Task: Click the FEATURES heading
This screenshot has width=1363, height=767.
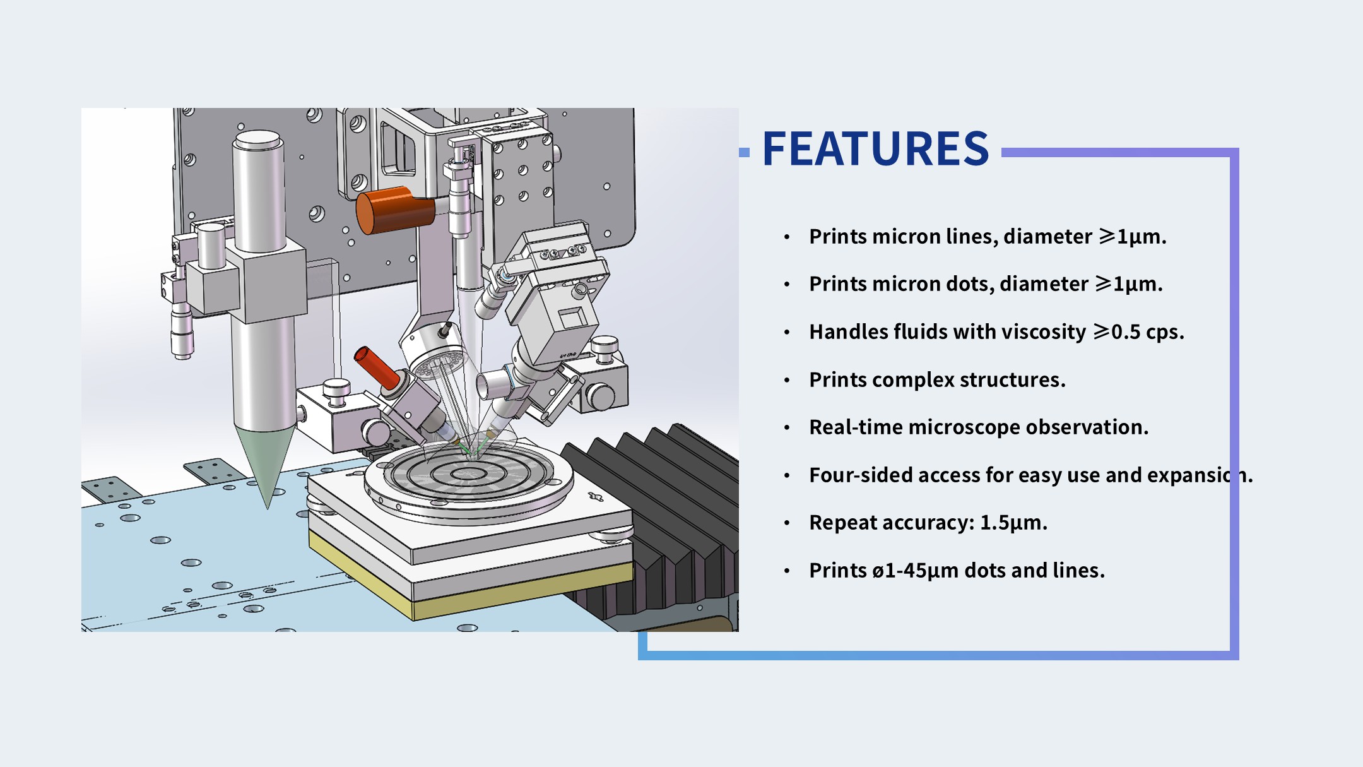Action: (875, 149)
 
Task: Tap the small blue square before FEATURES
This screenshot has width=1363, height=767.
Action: (744, 152)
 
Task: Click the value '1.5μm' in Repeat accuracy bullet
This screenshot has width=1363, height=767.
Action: (1013, 523)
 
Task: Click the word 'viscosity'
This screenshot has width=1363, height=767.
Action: (1044, 332)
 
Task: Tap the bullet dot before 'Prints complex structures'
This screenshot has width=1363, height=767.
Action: (787, 380)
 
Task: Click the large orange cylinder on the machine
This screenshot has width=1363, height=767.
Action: (395, 210)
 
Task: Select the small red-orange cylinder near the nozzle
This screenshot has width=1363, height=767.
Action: (377, 367)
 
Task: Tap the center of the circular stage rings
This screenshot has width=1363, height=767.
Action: (469, 473)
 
